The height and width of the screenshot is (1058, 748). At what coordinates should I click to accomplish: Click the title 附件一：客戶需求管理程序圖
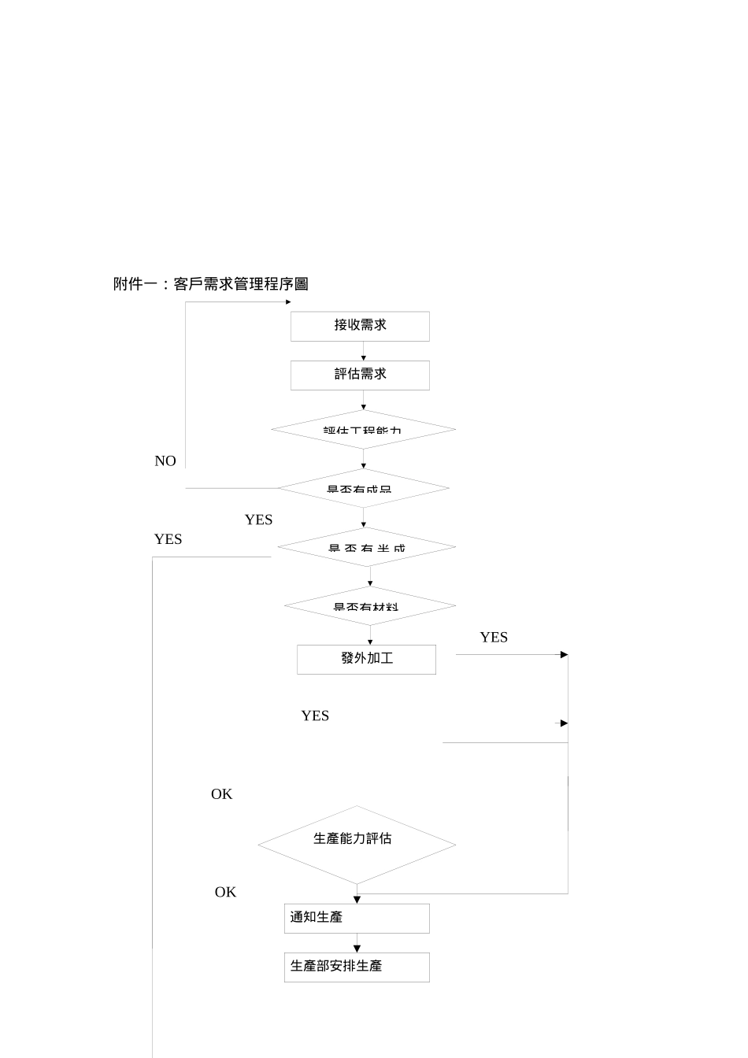210,284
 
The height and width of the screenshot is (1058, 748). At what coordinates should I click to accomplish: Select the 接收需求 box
360,326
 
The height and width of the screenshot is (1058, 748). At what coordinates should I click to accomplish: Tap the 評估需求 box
360,375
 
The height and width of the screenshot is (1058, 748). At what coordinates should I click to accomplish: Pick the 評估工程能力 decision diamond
363,430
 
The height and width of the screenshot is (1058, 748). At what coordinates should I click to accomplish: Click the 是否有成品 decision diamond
363,489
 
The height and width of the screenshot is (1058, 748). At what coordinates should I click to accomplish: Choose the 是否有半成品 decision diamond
367,547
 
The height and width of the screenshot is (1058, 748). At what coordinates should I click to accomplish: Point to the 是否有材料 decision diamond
369,606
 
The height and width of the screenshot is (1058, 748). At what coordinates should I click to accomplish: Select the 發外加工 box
366,659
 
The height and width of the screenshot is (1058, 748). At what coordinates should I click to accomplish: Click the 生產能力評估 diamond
357,844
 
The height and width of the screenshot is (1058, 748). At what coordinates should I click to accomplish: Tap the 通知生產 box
357,918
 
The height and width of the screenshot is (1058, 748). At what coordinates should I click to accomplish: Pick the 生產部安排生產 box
357,967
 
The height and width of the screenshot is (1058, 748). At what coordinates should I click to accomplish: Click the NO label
165,461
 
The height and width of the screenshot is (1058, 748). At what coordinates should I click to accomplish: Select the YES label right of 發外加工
494,638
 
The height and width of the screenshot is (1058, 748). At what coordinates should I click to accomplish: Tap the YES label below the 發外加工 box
315,716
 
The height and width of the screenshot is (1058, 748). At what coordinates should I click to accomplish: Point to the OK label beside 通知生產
225,892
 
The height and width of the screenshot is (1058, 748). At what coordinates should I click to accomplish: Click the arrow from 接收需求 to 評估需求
363,351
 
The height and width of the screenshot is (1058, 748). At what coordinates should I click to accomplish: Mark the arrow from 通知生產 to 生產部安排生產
357,943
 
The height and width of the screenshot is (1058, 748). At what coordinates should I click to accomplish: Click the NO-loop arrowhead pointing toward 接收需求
287,302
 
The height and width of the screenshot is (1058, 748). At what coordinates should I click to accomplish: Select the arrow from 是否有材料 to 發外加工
370,635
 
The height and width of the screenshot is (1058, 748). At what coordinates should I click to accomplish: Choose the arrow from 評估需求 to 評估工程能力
363,400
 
